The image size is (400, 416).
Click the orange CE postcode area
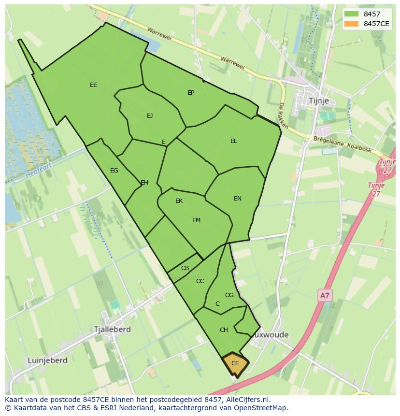(235, 363)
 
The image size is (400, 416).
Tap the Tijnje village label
(318, 100)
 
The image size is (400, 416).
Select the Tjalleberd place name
(112, 329)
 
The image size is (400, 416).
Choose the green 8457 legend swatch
(351, 14)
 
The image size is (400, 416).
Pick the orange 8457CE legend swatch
(351, 24)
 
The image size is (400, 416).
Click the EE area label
(93, 85)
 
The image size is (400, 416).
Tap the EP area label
(191, 92)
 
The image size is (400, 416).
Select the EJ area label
(150, 115)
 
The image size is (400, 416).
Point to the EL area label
(234, 141)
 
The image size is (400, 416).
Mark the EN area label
(238, 199)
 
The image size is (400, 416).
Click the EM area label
(196, 220)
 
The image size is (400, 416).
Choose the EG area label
(114, 171)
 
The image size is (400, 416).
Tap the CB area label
(185, 268)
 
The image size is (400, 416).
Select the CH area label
(224, 330)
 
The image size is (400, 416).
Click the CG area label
(229, 295)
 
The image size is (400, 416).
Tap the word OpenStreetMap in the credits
(260, 408)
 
